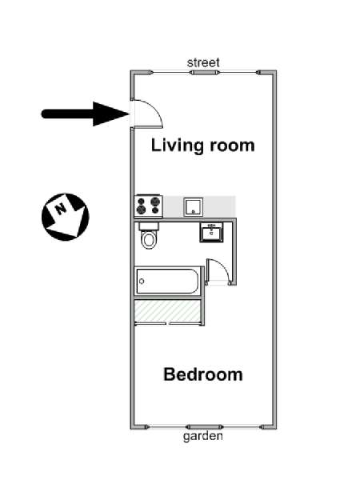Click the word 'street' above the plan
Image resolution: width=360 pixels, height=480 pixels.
(x=203, y=62)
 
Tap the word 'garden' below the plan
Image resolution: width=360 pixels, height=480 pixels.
(x=203, y=436)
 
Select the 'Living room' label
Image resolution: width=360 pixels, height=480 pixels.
(x=203, y=145)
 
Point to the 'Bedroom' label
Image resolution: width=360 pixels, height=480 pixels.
(x=203, y=374)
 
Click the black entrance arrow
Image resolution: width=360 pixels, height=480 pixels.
(x=85, y=114)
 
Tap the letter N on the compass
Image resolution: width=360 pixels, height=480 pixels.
(x=61, y=209)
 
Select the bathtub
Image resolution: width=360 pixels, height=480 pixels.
(x=168, y=282)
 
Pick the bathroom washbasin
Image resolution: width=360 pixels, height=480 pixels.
(x=211, y=234)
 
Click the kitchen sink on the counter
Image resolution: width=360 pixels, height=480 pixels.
(x=194, y=207)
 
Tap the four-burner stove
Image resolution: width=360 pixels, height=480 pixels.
(x=148, y=206)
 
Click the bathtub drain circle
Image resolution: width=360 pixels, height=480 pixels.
(x=142, y=282)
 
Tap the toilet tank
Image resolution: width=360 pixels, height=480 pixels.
(x=149, y=226)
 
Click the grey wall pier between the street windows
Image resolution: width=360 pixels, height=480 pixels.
(x=205, y=73)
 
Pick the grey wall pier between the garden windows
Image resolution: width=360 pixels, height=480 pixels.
(x=205, y=427)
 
